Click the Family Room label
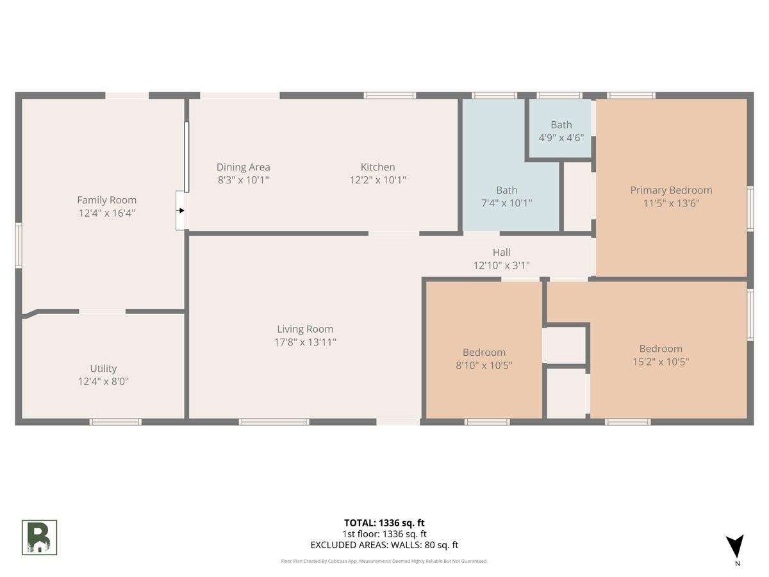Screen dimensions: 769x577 coord(106,200)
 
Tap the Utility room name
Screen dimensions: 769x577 coord(103,369)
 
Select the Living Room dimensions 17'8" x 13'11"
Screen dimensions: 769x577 coord(305,342)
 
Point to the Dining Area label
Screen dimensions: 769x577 coord(243,167)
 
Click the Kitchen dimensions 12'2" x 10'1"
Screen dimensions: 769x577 coord(377,180)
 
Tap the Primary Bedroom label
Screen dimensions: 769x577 coord(671,190)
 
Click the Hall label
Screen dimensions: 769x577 coord(501,252)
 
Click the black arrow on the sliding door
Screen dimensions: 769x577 coord(181,210)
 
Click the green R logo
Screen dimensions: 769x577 coord(39,538)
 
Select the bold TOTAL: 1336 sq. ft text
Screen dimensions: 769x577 coord(384,523)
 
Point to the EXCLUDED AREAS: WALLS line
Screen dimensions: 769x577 coord(384,545)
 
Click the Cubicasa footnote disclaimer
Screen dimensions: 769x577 coord(384,561)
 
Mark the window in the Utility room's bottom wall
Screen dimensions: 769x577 coord(115,422)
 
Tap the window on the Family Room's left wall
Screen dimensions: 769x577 coord(19,246)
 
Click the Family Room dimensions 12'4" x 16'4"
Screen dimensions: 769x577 coord(106,213)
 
